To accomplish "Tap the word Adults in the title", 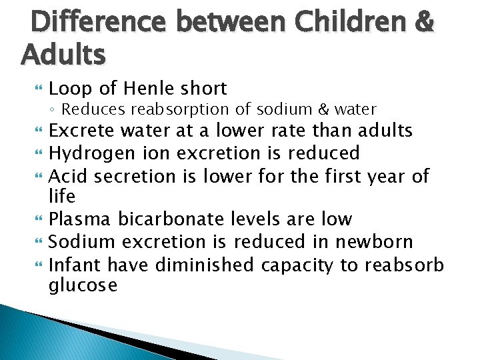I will point(63,53).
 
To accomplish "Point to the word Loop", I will point(69,89).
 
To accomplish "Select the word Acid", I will point(69,175).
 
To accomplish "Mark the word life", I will point(62,197).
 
